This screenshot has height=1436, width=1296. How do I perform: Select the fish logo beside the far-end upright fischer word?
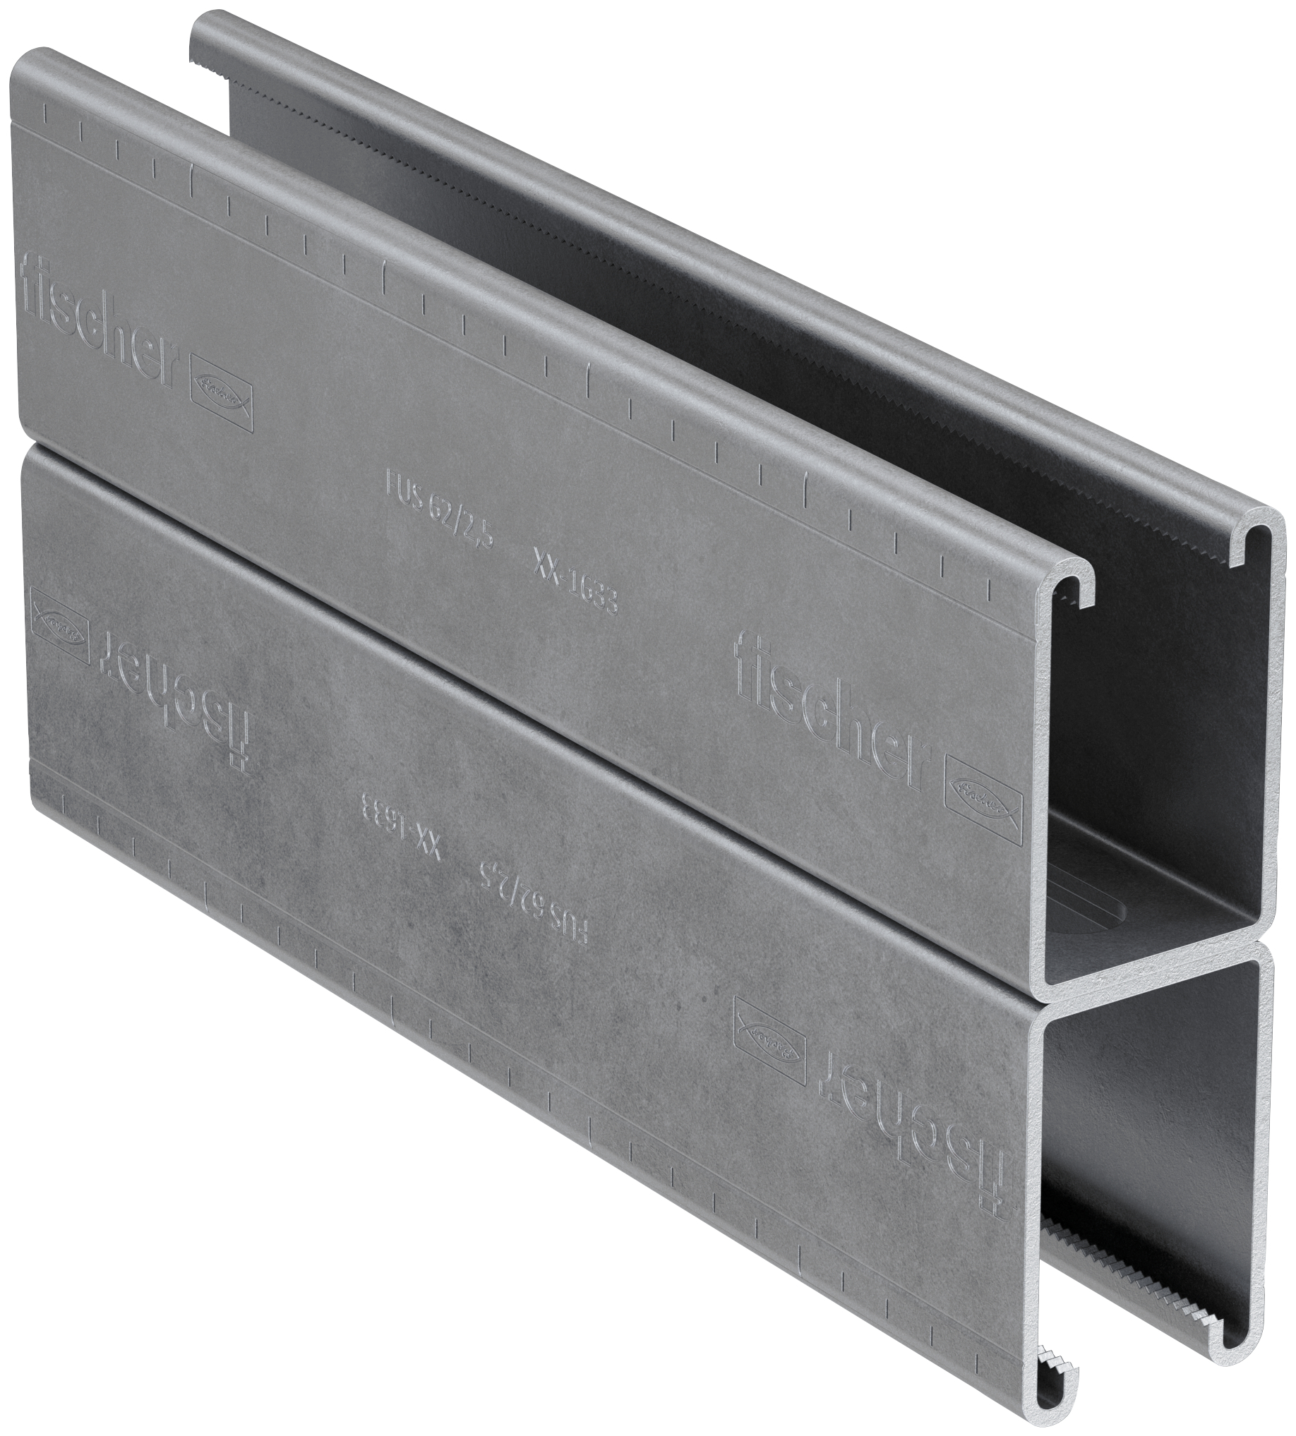click(x=222, y=400)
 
